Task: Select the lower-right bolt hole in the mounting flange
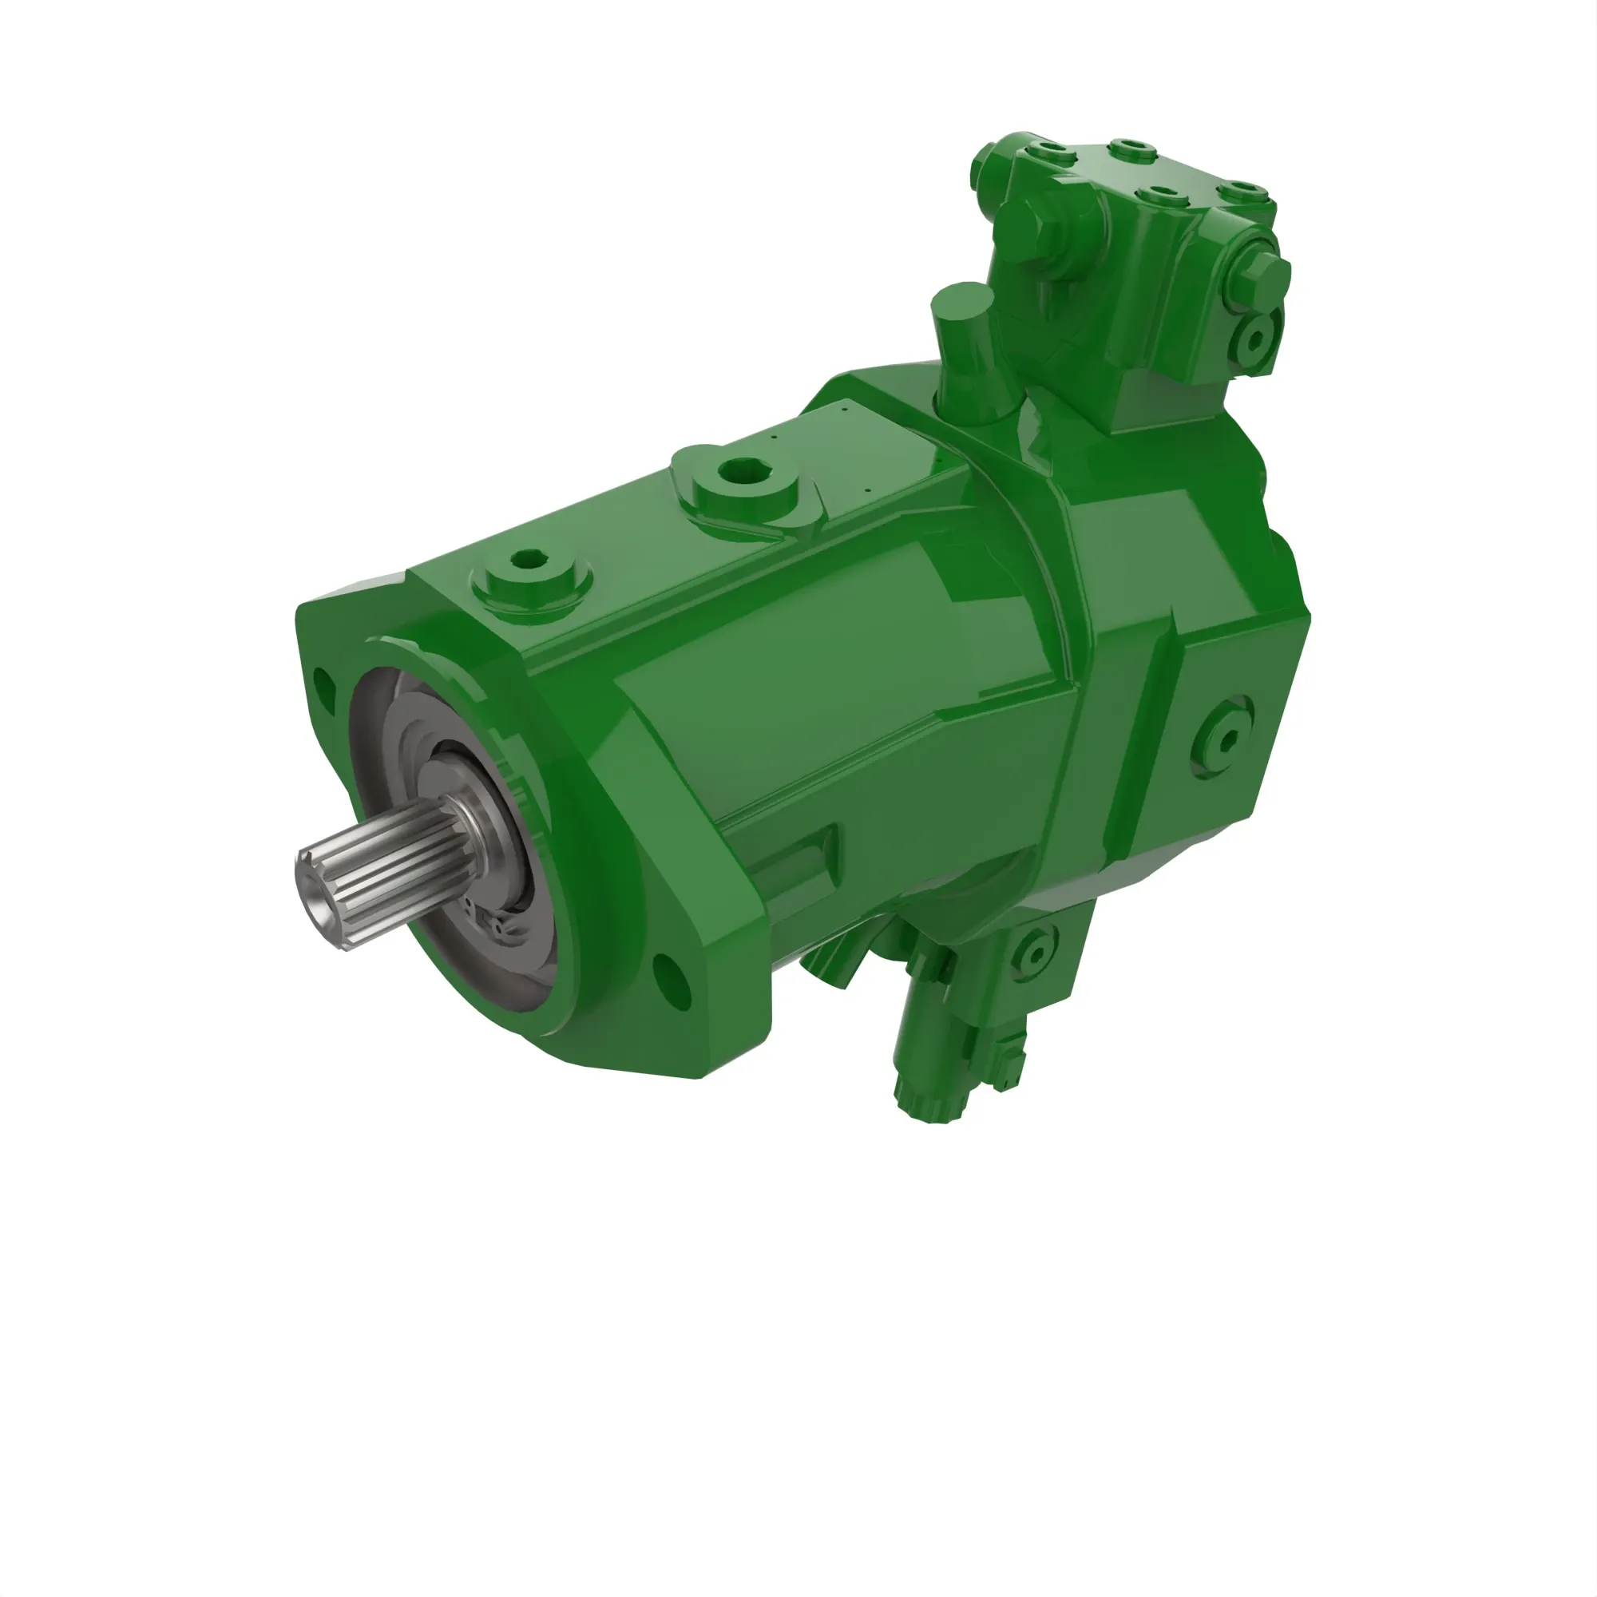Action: coord(672,981)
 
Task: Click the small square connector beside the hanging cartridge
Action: coord(1011,1066)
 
